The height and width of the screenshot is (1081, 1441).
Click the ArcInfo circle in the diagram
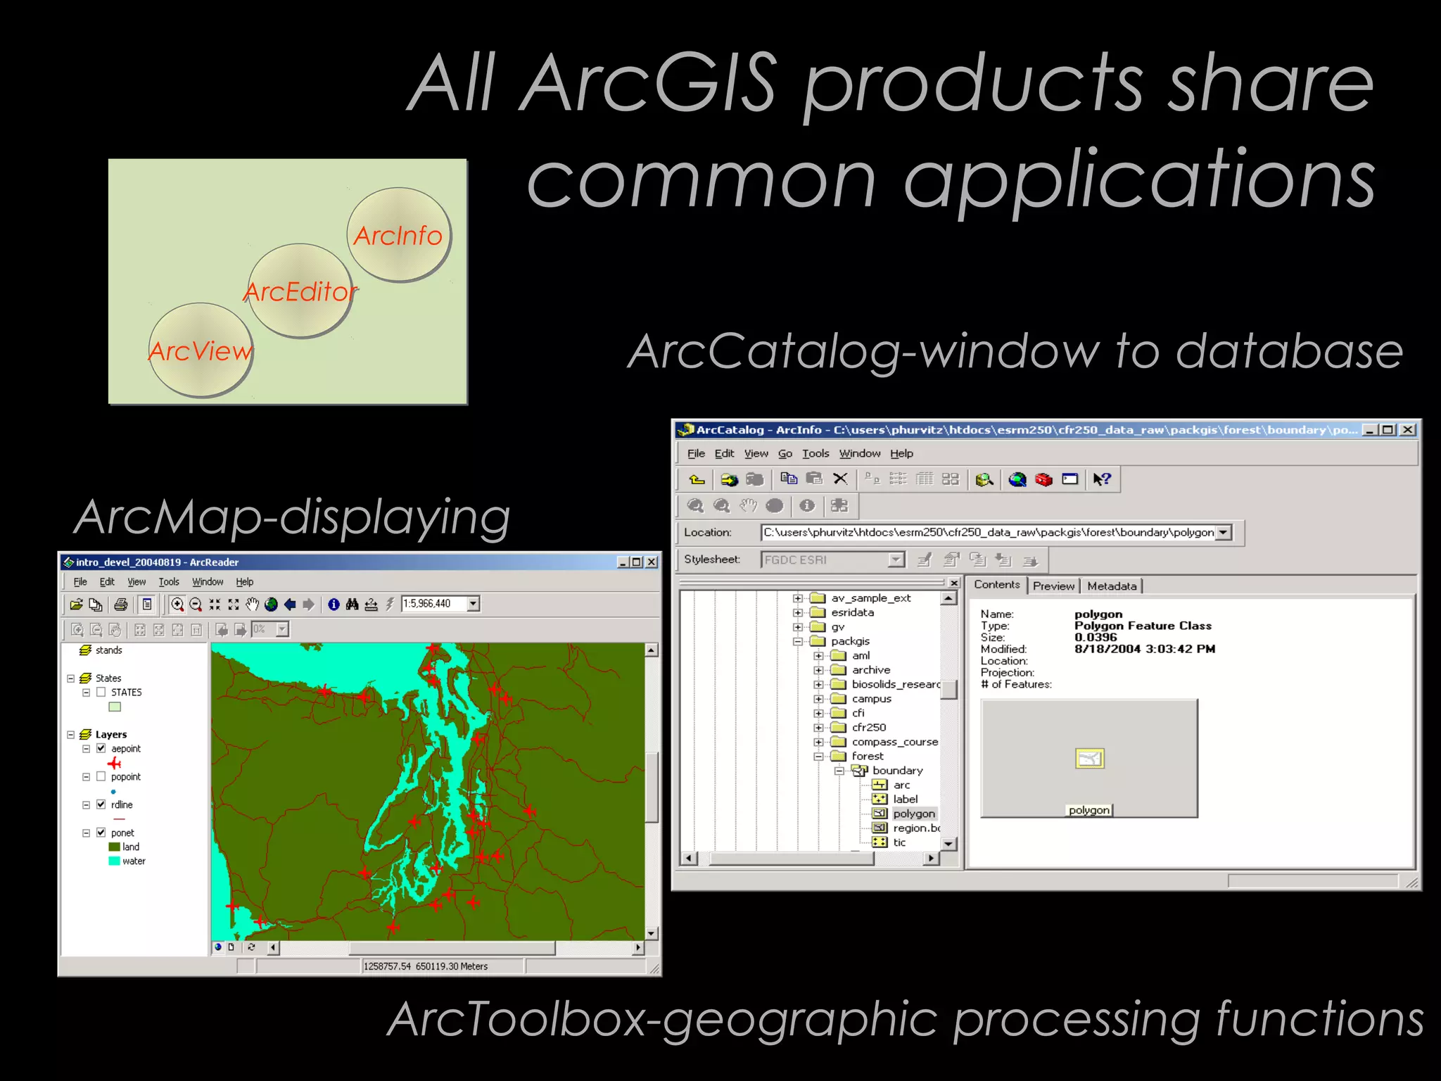398,234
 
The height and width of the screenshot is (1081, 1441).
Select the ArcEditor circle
300,290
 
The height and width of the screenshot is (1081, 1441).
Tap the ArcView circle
201,350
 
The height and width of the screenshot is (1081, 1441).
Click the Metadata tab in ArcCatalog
1112,586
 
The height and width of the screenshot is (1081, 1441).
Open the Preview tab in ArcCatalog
1053,586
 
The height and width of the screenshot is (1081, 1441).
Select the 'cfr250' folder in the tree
869,727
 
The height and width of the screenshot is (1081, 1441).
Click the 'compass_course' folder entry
894,742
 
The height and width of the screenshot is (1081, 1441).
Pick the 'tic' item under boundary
899,842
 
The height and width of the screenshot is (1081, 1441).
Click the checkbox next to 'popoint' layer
101,776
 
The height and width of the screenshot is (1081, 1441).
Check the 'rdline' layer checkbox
101,804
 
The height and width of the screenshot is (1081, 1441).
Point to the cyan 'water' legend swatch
114,861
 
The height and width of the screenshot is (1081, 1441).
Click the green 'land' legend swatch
114,847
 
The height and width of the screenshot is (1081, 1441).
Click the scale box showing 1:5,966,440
433,604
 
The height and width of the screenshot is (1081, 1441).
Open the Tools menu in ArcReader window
169,582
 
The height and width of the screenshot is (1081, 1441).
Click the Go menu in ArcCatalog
785,454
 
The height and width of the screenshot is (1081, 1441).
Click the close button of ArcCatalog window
1407,430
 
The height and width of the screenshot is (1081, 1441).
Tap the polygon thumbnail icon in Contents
1089,759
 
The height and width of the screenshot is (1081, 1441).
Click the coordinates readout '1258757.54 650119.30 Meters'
426,966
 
